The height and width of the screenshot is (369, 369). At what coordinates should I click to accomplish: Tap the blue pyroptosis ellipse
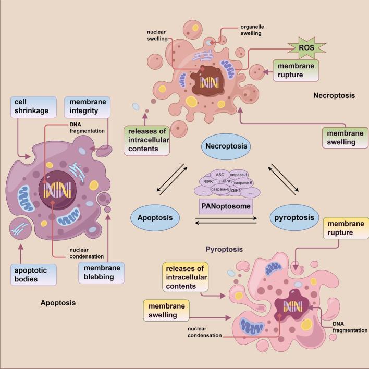296,216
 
